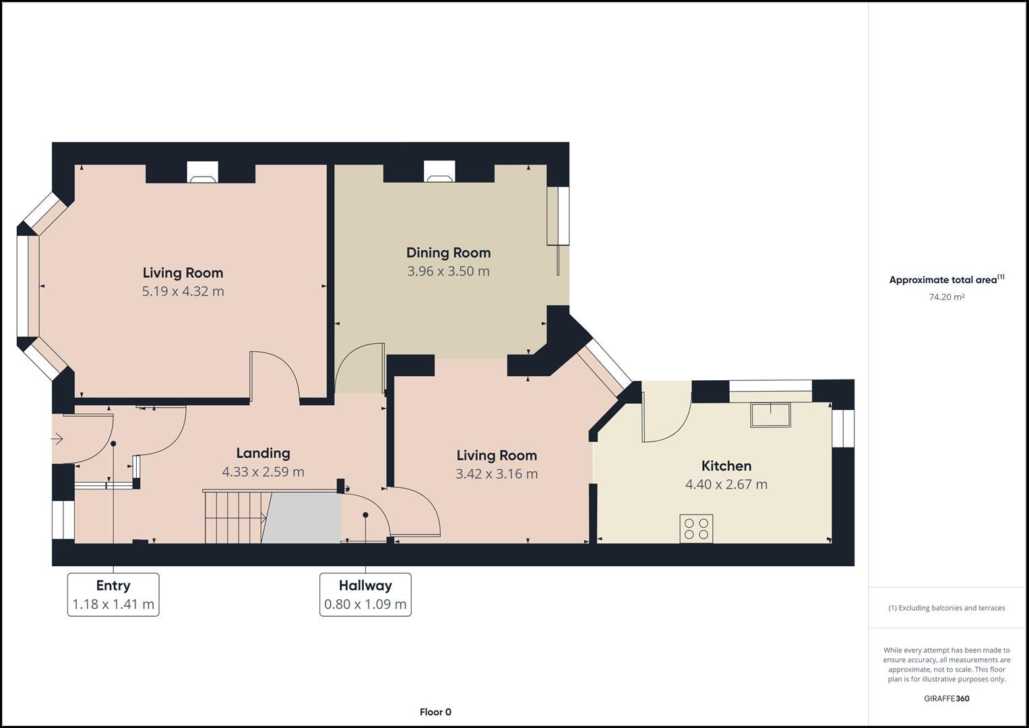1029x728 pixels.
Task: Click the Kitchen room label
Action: (726, 466)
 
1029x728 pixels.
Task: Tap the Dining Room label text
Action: (448, 253)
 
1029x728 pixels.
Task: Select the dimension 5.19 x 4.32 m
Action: (183, 291)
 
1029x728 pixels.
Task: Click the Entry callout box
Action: (113, 595)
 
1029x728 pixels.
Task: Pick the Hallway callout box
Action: (365, 595)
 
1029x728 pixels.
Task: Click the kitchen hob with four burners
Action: (696, 528)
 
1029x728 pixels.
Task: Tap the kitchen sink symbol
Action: (771, 415)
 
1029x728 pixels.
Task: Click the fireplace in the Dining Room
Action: (439, 173)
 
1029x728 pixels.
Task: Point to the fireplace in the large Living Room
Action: (202, 173)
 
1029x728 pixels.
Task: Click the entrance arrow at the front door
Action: (57, 439)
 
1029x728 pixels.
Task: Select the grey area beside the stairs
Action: (303, 518)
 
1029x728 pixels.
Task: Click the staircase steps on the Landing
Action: (232, 517)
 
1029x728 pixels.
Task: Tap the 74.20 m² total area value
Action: (946, 297)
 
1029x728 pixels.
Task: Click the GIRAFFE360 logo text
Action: (946, 698)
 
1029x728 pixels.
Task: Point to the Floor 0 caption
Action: (435, 712)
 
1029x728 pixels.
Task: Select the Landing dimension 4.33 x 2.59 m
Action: (263, 472)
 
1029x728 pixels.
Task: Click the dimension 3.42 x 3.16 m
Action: (497, 474)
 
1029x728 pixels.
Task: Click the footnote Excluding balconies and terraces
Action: (946, 608)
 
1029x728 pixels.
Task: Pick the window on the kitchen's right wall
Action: (842, 429)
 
